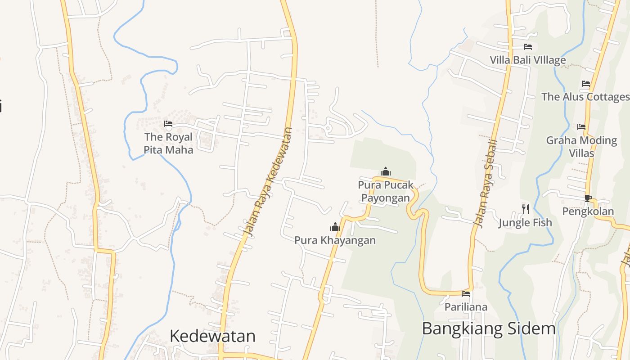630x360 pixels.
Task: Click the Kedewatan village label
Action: tap(212, 336)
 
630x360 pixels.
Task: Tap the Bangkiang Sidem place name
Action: tap(489, 328)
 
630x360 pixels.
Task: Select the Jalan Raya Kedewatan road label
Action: tap(268, 182)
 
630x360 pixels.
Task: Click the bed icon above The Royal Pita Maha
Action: tap(168, 124)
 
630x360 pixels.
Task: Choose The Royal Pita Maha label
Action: tap(168, 143)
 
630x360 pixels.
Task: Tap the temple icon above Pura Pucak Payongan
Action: tap(386, 171)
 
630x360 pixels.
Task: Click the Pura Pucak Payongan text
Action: tap(386, 191)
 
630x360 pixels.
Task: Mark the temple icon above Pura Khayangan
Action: tap(335, 227)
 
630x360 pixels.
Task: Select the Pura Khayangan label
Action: tap(335, 240)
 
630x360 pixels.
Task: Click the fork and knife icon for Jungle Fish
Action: tap(525, 209)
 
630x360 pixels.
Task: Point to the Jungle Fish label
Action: tap(525, 222)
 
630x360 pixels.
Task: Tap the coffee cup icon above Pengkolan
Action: tap(588, 198)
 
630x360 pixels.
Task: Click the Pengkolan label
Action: tap(588, 211)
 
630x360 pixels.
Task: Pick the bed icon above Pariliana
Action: tap(466, 294)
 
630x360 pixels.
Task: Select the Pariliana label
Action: tap(466, 307)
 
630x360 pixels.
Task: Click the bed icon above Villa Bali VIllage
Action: tap(528, 47)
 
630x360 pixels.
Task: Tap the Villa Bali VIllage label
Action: tap(528, 60)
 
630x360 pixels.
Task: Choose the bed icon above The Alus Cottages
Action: tap(585, 84)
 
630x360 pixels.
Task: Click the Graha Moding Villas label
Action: tap(581, 147)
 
